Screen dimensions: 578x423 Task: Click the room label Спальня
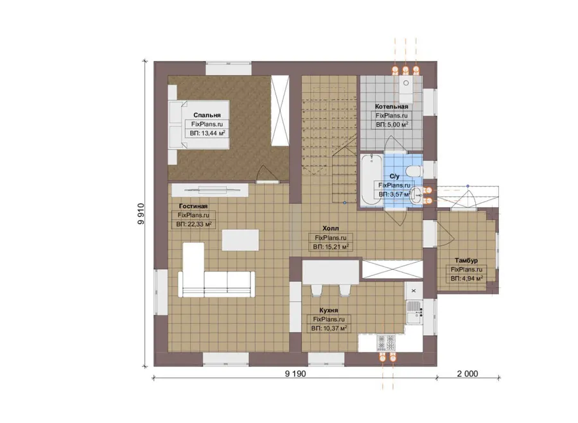click(207, 115)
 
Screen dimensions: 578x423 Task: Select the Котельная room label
click(392, 106)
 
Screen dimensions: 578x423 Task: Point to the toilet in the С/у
click(414, 171)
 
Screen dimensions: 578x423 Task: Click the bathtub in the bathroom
click(372, 180)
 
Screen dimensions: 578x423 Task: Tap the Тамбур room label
click(466, 260)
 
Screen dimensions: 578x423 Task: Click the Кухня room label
click(328, 310)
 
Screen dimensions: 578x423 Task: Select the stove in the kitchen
click(386, 343)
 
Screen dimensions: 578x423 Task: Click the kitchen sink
click(414, 309)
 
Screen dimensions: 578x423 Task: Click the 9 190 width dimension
click(295, 374)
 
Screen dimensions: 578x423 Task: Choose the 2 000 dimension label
click(468, 374)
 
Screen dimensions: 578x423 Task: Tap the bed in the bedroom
click(199, 125)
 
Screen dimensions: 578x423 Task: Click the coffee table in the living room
click(240, 240)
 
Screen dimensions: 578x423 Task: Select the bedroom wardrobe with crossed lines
click(280, 110)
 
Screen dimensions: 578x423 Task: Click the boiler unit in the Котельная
click(407, 89)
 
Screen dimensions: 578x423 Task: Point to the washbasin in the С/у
click(416, 195)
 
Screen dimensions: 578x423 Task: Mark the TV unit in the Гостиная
click(210, 190)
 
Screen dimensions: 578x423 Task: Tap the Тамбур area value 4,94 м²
click(467, 279)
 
